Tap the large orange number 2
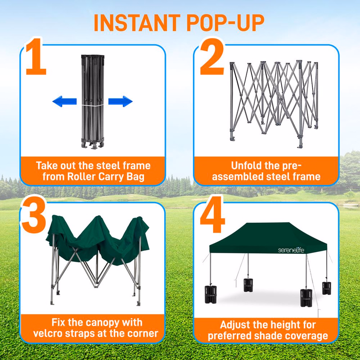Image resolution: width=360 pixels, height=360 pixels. (212, 57)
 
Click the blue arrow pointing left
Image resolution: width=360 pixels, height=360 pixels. (64, 101)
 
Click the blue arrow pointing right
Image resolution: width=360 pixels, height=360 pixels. (121, 101)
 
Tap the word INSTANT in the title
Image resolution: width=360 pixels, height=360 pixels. (137, 23)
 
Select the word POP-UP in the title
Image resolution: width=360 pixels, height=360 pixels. (225, 23)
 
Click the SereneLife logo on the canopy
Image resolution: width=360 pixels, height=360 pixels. (291, 250)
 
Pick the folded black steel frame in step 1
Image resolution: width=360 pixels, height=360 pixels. (93, 102)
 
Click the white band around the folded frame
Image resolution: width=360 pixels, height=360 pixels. (93, 105)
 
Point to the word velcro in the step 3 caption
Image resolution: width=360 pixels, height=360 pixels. (47, 333)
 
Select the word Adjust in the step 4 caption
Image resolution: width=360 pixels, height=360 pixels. (234, 325)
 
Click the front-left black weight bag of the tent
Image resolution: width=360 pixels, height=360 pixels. (211, 294)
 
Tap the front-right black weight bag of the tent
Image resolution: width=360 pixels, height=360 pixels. (306, 298)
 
